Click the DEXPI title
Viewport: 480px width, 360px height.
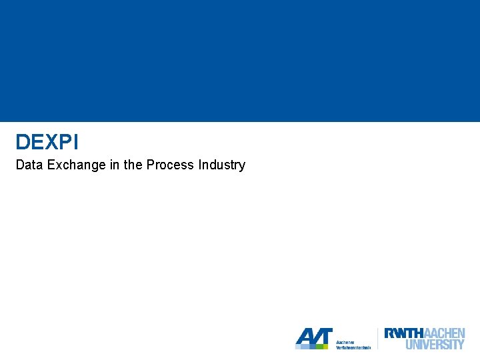(x=47, y=142)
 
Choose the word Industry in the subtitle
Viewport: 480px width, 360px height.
(x=222, y=165)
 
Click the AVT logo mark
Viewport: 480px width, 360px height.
(x=313, y=337)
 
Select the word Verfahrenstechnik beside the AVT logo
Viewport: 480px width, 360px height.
(x=353, y=347)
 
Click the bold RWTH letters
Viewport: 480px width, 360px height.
(x=403, y=333)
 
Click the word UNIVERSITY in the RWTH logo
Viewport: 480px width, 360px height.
(x=435, y=345)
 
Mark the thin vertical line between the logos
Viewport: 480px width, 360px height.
(x=377, y=338)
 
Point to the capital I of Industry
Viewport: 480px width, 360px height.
(x=200, y=165)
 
